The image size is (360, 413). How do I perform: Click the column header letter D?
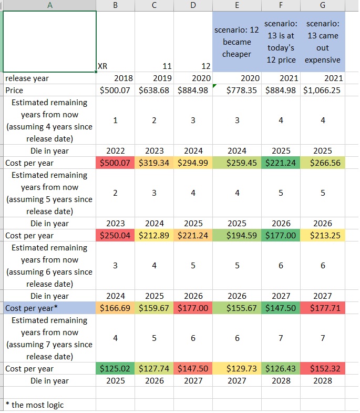pos(193,5)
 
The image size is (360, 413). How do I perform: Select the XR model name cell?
pos(116,66)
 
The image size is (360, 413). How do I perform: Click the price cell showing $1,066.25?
pos(322,90)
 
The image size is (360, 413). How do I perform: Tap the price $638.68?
pos(154,90)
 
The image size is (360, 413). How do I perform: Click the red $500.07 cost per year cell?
pos(116,163)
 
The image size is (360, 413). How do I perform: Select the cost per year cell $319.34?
pos(154,163)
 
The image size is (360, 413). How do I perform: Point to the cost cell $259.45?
pos(236,163)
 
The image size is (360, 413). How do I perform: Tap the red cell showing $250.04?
pos(116,236)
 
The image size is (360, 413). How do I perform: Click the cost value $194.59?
pos(236,236)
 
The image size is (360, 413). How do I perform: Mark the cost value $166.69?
pos(116,308)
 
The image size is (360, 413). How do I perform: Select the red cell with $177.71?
pos(322,308)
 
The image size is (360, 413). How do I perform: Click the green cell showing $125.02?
pos(116,369)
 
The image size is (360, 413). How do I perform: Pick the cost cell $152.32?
pos(322,369)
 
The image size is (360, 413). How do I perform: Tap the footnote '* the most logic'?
pos(34,405)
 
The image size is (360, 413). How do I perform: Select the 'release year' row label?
pos(27,78)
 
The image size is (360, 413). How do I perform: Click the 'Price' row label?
pos(14,90)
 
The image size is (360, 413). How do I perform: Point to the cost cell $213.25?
pos(322,236)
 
